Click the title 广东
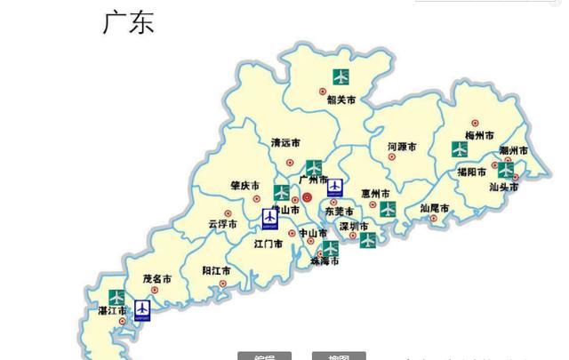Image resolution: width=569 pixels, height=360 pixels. (x=129, y=22)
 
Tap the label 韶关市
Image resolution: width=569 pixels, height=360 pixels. (x=341, y=100)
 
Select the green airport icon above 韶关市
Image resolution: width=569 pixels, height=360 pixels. (x=341, y=76)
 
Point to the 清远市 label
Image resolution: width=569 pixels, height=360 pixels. (x=285, y=142)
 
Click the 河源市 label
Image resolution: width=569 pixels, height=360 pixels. (x=403, y=146)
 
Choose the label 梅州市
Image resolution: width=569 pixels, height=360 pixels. (x=479, y=135)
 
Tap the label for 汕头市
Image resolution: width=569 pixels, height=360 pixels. (x=504, y=187)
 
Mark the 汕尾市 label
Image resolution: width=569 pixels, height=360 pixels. (x=435, y=209)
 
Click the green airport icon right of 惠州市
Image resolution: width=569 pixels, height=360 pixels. (x=388, y=209)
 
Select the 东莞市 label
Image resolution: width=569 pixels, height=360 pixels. (x=339, y=212)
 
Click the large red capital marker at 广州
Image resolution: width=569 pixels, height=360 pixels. (x=308, y=197)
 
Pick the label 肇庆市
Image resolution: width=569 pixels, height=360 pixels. (x=244, y=186)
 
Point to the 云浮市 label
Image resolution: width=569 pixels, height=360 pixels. (x=222, y=224)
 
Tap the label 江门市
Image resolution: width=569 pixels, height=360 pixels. (x=268, y=243)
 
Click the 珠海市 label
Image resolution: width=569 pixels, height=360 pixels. (x=324, y=261)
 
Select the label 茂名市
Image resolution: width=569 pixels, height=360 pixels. (x=157, y=278)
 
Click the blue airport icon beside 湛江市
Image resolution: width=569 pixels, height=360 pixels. (x=142, y=309)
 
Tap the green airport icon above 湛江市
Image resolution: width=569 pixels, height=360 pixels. (x=116, y=297)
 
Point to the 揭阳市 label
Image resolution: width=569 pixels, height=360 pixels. (x=471, y=172)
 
